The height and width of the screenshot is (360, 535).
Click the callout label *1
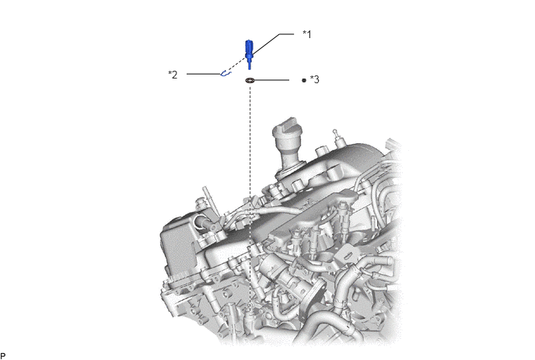pyautogui.click(x=307, y=34)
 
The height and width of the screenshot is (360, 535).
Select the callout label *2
pyautogui.click(x=173, y=75)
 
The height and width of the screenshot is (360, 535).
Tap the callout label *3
pyautogui.click(x=315, y=79)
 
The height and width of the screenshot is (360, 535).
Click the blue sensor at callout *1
pyautogui.click(x=250, y=54)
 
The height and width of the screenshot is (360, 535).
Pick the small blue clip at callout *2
pyautogui.click(x=226, y=73)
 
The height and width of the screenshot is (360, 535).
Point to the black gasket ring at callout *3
pyautogui.click(x=250, y=81)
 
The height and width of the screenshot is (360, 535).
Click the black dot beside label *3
pyautogui.click(x=304, y=81)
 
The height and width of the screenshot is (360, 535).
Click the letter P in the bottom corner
pyautogui.click(x=3, y=356)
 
